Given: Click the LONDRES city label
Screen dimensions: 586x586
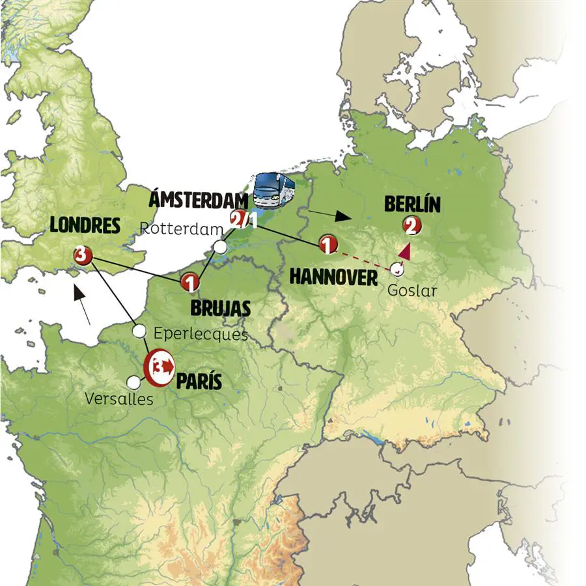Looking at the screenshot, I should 85,225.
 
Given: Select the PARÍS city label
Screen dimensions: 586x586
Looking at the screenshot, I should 199,380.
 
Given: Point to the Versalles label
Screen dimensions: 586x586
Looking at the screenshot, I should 119,398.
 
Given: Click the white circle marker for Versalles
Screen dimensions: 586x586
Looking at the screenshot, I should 134,382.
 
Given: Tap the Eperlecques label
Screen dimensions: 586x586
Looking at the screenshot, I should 201,334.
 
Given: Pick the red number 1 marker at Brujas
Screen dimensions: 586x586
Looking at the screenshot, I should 189,283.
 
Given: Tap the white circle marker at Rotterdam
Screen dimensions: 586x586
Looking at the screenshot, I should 221,247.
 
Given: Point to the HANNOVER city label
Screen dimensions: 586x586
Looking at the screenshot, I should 333,277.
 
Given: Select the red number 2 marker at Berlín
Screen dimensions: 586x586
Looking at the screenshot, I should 412,226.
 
